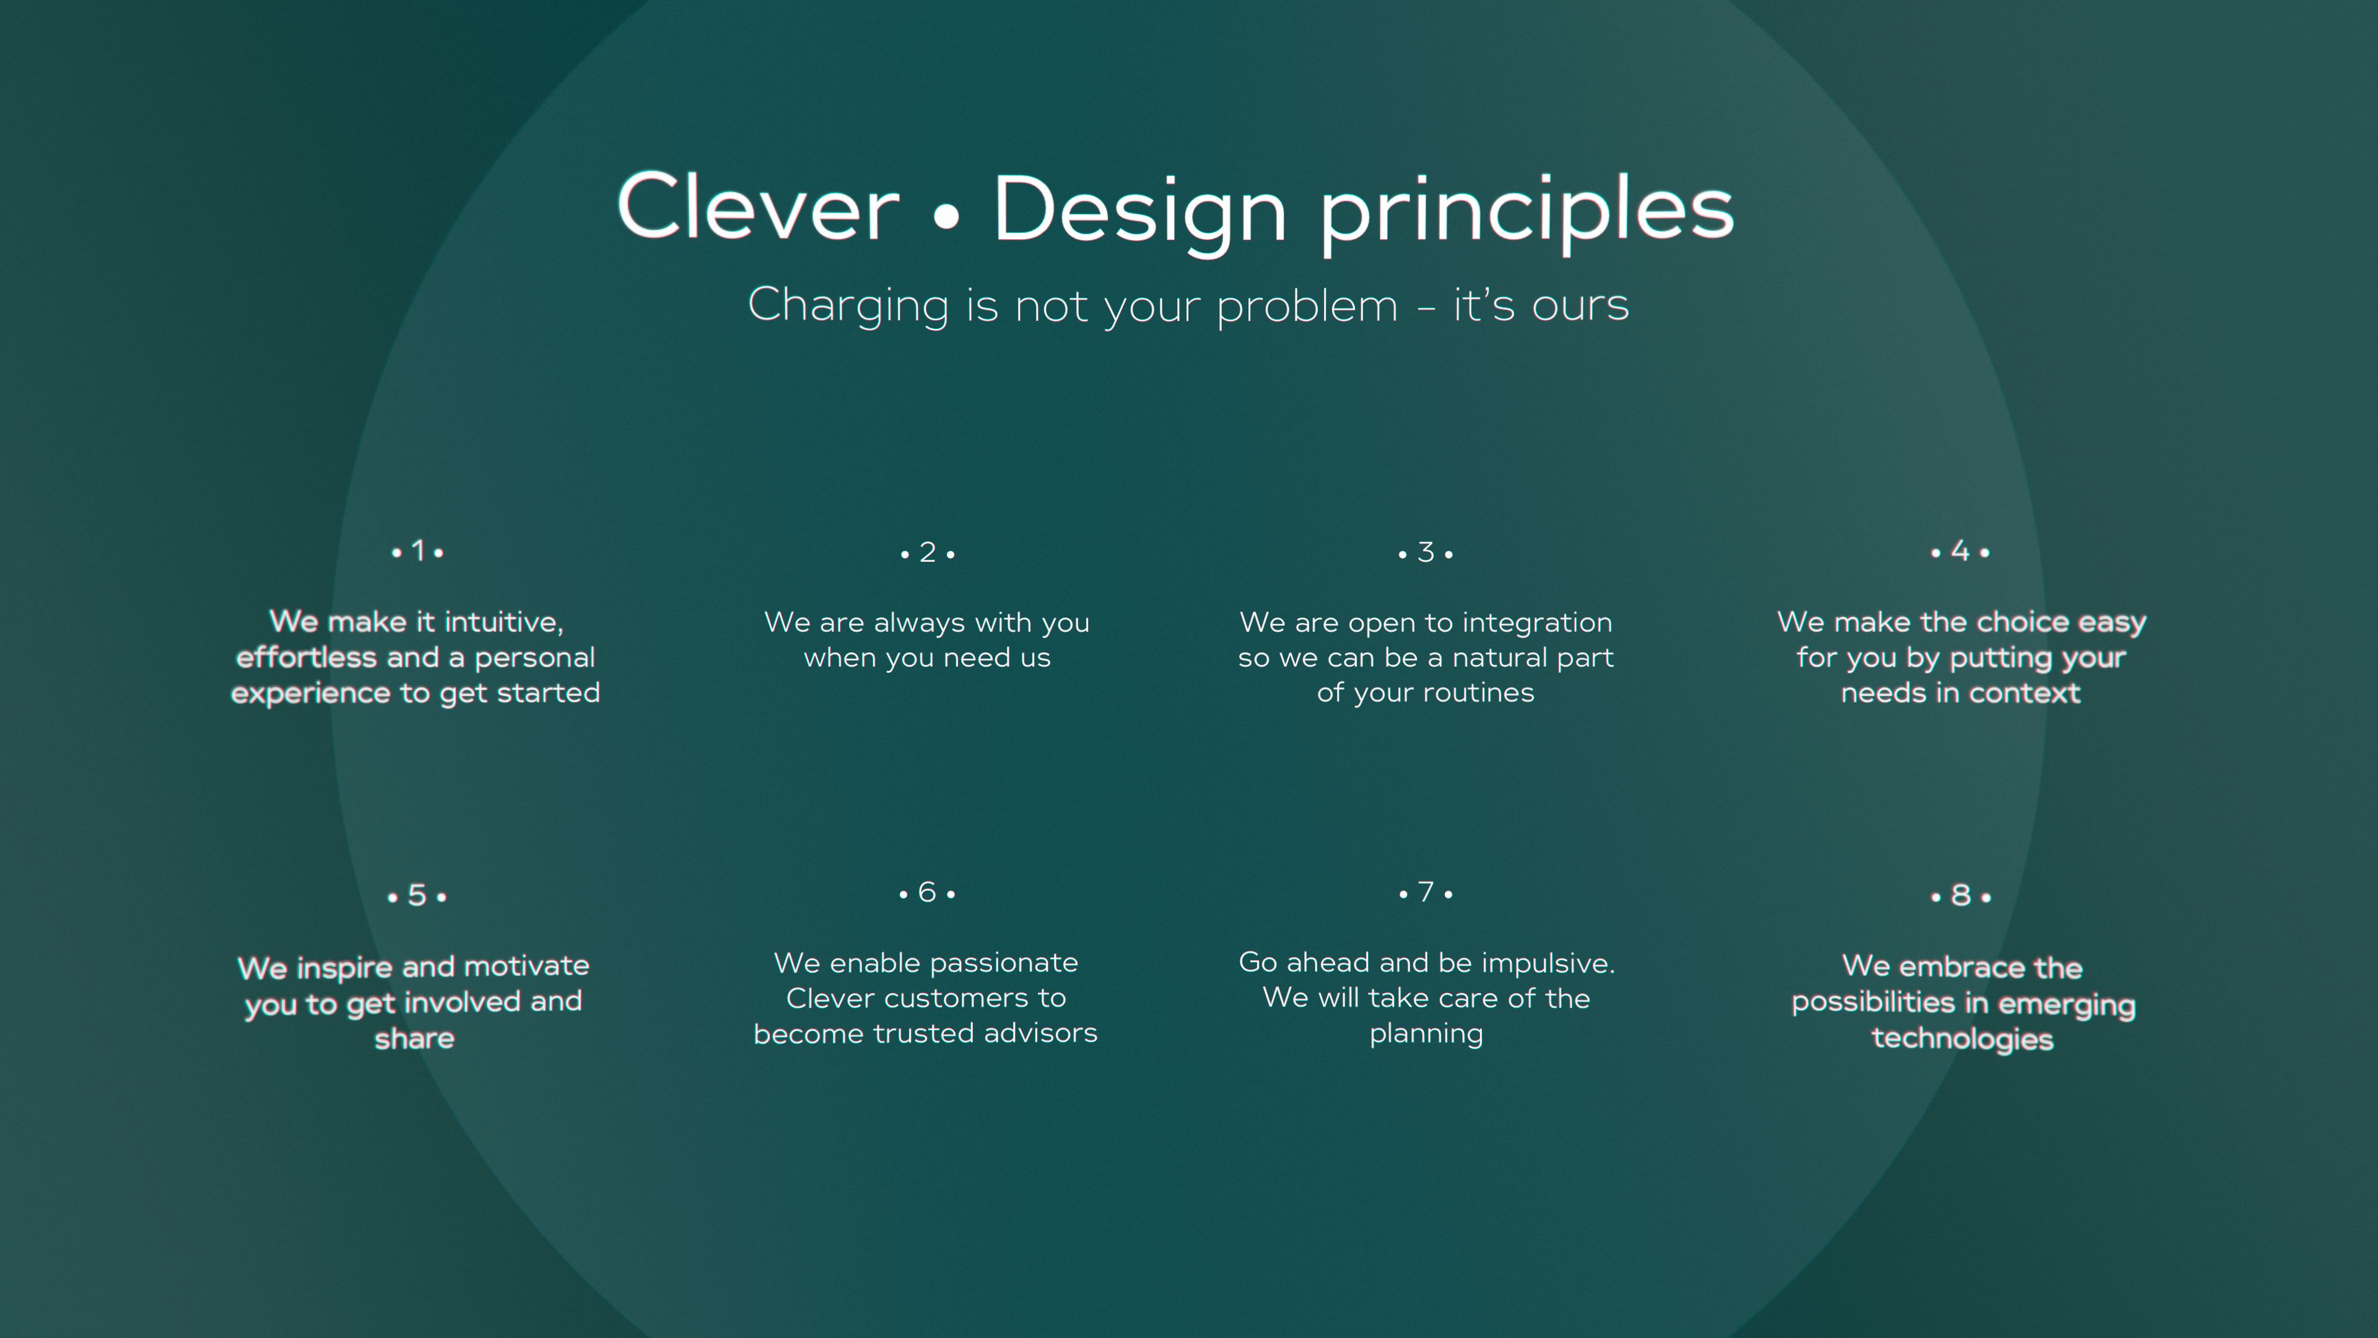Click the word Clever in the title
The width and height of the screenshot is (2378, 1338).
[758, 207]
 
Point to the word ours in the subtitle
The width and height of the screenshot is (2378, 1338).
[1580, 307]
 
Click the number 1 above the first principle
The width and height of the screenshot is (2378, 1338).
[418, 551]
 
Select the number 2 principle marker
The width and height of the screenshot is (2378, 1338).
[928, 552]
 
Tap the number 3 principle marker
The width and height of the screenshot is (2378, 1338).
[1426, 552]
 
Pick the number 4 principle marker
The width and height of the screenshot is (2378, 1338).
[1960, 551]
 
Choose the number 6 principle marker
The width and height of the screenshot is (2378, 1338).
[928, 892]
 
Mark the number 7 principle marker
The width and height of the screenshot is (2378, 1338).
[1426, 892]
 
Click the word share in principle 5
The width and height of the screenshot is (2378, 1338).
[414, 1039]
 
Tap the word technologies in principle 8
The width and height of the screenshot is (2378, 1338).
[1962, 1040]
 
